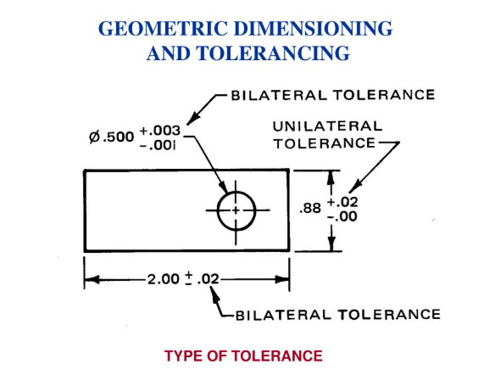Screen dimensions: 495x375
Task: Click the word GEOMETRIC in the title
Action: tap(163, 29)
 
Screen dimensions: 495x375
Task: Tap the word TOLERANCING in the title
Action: tap(273, 53)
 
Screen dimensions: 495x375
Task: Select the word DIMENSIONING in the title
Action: tap(313, 29)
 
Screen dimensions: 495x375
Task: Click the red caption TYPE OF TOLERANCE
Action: tap(243, 356)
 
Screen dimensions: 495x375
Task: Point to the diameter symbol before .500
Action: tap(95, 137)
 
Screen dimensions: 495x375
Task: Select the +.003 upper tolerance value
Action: tap(160, 131)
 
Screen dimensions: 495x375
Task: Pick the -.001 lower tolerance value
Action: tap(158, 146)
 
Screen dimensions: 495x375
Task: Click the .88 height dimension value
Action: tap(310, 209)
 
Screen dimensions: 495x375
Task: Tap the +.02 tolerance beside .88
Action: tap(342, 202)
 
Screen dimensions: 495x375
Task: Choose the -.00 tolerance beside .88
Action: tap(342, 216)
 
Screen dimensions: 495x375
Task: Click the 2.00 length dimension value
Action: tap(164, 279)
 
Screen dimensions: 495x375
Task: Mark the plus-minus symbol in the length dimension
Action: tap(188, 278)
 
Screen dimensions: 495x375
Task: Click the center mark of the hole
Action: tap(236, 210)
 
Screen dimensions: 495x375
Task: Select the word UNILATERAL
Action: tap(328, 126)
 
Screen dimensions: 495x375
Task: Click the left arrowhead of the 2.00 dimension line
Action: tap(92, 280)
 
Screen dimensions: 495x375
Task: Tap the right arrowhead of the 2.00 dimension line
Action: tap(282, 280)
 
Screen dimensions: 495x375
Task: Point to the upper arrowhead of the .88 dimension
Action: tap(331, 178)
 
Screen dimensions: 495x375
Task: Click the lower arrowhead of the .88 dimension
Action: tap(331, 243)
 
